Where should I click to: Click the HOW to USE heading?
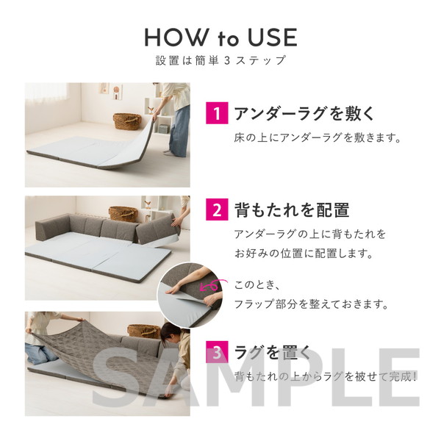tap(220, 37)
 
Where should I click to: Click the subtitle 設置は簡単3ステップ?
tap(220, 60)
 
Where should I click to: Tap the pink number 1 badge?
tap(217, 113)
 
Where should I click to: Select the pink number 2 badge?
tap(217, 210)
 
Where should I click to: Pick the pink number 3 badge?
tap(217, 352)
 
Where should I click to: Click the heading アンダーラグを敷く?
tap(304, 113)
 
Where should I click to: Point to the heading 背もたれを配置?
tap(292, 210)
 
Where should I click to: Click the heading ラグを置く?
tap(272, 352)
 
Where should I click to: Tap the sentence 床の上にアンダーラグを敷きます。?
tap(318, 138)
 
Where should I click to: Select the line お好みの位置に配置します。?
tap(304, 254)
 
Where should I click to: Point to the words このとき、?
tap(257, 285)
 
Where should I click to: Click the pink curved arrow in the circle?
tap(210, 284)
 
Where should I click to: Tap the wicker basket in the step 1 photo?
tap(127, 121)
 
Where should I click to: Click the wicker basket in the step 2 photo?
tap(123, 213)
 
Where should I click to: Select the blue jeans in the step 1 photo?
tap(179, 130)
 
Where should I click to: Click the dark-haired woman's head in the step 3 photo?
tap(170, 334)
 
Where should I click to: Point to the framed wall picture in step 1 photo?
tap(118, 92)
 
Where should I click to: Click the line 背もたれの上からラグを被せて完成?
tap(326, 376)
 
